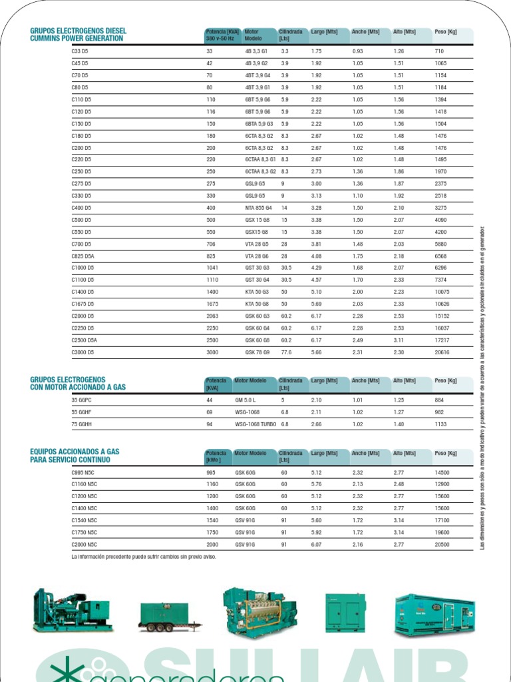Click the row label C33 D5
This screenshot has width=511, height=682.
[80, 51]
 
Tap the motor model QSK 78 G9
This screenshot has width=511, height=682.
[257, 352]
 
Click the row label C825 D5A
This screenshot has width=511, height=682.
[83, 256]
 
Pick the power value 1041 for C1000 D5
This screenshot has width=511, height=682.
[212, 268]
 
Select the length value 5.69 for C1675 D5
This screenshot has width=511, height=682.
[316, 304]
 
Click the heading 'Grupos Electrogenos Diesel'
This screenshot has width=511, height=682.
[78, 31]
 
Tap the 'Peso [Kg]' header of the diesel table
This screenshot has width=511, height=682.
[445, 31]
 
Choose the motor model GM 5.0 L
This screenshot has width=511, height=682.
[246, 400]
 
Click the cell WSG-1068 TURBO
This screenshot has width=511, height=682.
[255, 424]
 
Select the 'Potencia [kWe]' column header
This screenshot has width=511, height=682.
[216, 456]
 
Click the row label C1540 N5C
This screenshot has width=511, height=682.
[84, 520]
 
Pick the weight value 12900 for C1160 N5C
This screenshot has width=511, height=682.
[442, 484]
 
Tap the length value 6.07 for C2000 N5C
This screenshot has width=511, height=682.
[316, 544]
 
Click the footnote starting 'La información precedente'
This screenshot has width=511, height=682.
[144, 557]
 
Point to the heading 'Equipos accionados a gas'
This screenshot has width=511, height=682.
[75, 452]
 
